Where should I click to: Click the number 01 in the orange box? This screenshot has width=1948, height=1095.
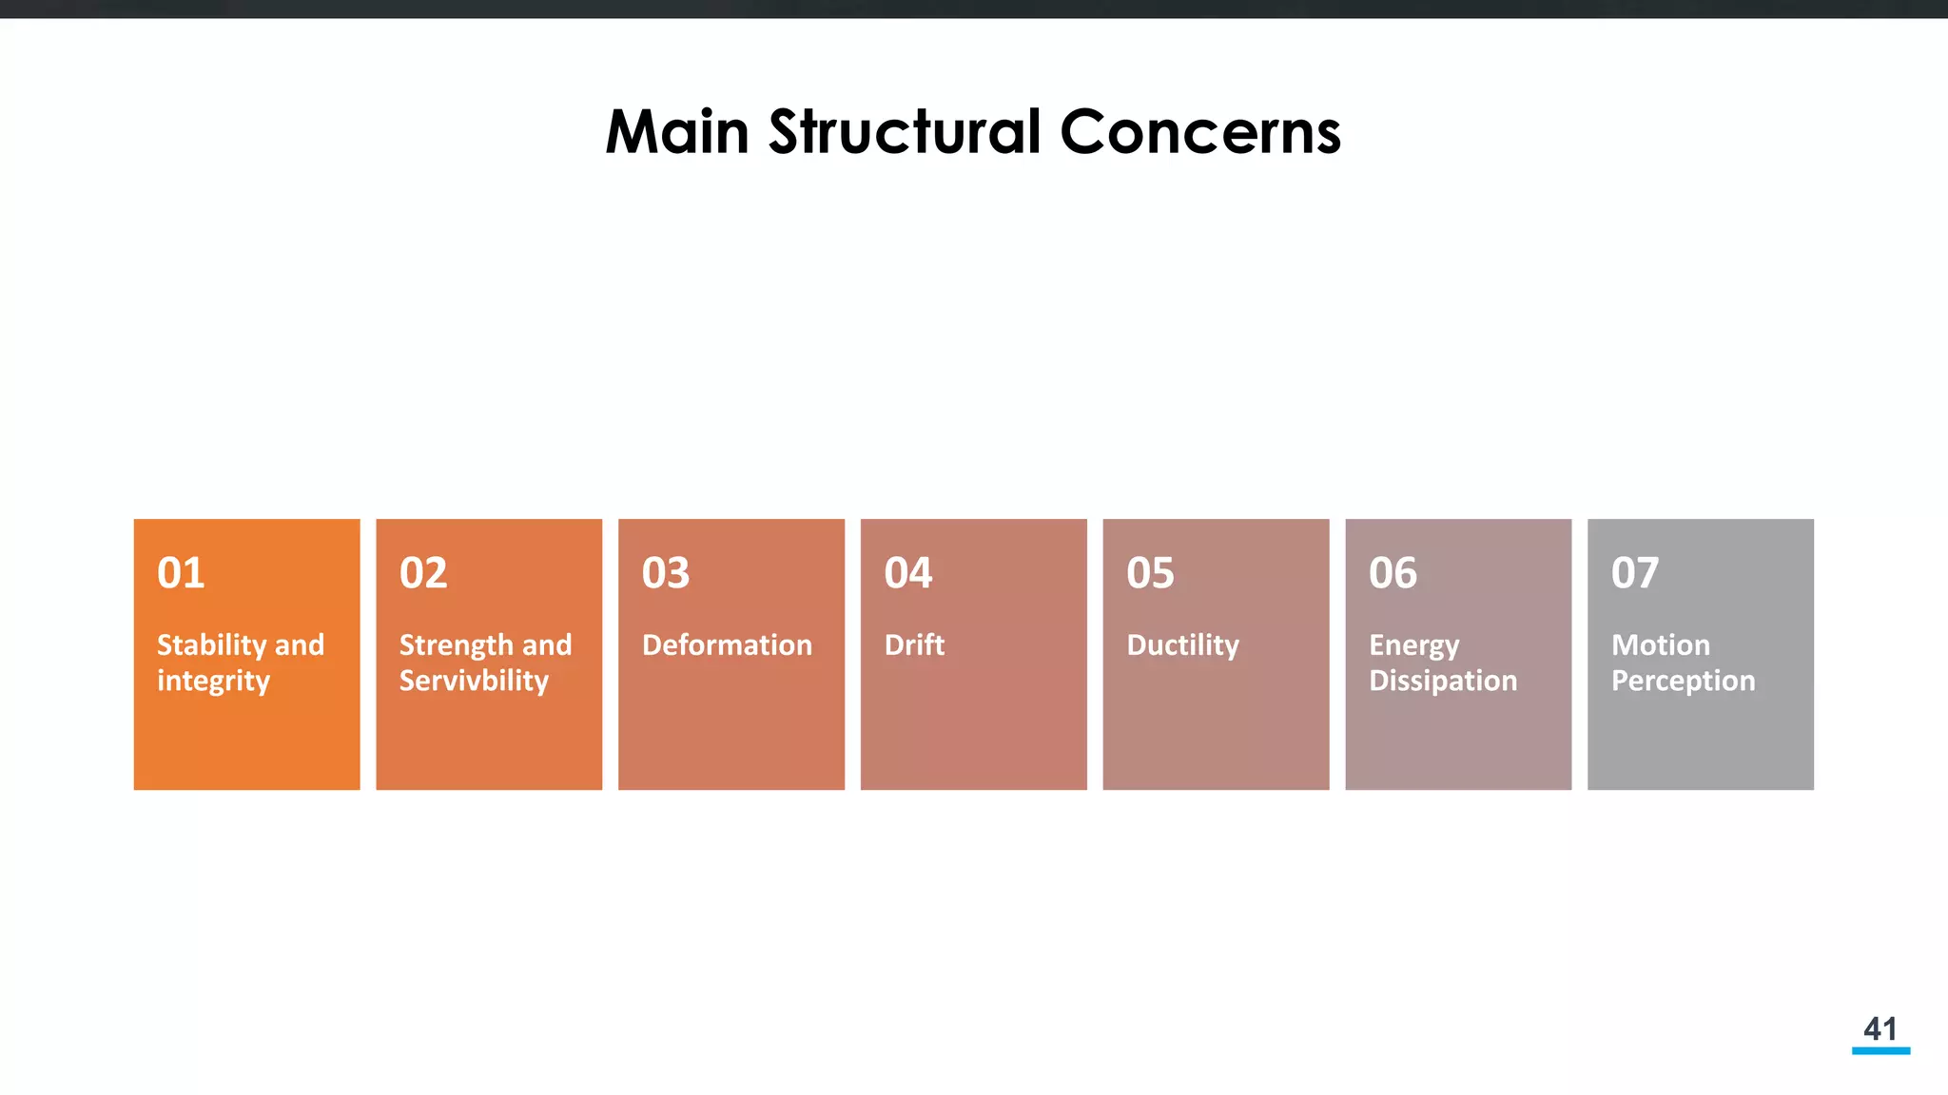pyautogui.click(x=181, y=573)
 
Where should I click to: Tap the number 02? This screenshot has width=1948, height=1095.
pyautogui.click(x=423, y=573)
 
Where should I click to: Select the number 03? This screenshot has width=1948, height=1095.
pyautogui.click(x=666, y=573)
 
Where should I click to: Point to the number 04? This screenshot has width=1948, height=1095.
pyautogui.click(x=908, y=573)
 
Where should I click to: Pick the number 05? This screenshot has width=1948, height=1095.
pyautogui.click(x=1150, y=573)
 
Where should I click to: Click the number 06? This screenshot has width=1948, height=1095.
pyautogui.click(x=1393, y=573)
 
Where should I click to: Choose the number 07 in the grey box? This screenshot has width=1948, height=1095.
pyautogui.click(x=1635, y=573)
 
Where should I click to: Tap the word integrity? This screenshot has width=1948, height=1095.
pyautogui.click(x=213, y=682)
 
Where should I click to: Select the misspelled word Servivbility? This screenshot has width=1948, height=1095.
pyautogui.click(x=474, y=682)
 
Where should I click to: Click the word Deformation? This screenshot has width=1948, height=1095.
pyautogui.click(x=727, y=645)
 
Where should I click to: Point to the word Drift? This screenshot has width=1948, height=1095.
pyautogui.click(x=914, y=645)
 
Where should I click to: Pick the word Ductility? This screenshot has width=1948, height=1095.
pyautogui.click(x=1182, y=645)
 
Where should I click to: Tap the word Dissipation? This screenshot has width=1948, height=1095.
pyautogui.click(x=1443, y=682)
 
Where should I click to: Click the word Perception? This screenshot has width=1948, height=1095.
pyautogui.click(x=1683, y=682)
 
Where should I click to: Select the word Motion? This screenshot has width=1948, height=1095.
pyautogui.click(x=1661, y=645)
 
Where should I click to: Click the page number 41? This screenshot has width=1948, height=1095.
pyautogui.click(x=1880, y=1028)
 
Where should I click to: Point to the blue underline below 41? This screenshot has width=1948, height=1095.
pyautogui.click(x=1880, y=1050)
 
